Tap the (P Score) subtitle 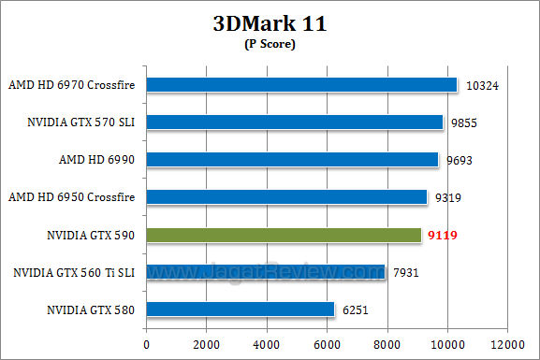270,45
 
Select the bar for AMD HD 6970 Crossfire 302,84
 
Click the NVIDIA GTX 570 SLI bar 295,122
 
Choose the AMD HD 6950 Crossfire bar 287,196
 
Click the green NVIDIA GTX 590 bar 285,235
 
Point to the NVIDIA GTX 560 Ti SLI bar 266,272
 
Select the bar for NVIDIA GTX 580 241,310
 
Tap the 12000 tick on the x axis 507,344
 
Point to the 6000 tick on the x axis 327,344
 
